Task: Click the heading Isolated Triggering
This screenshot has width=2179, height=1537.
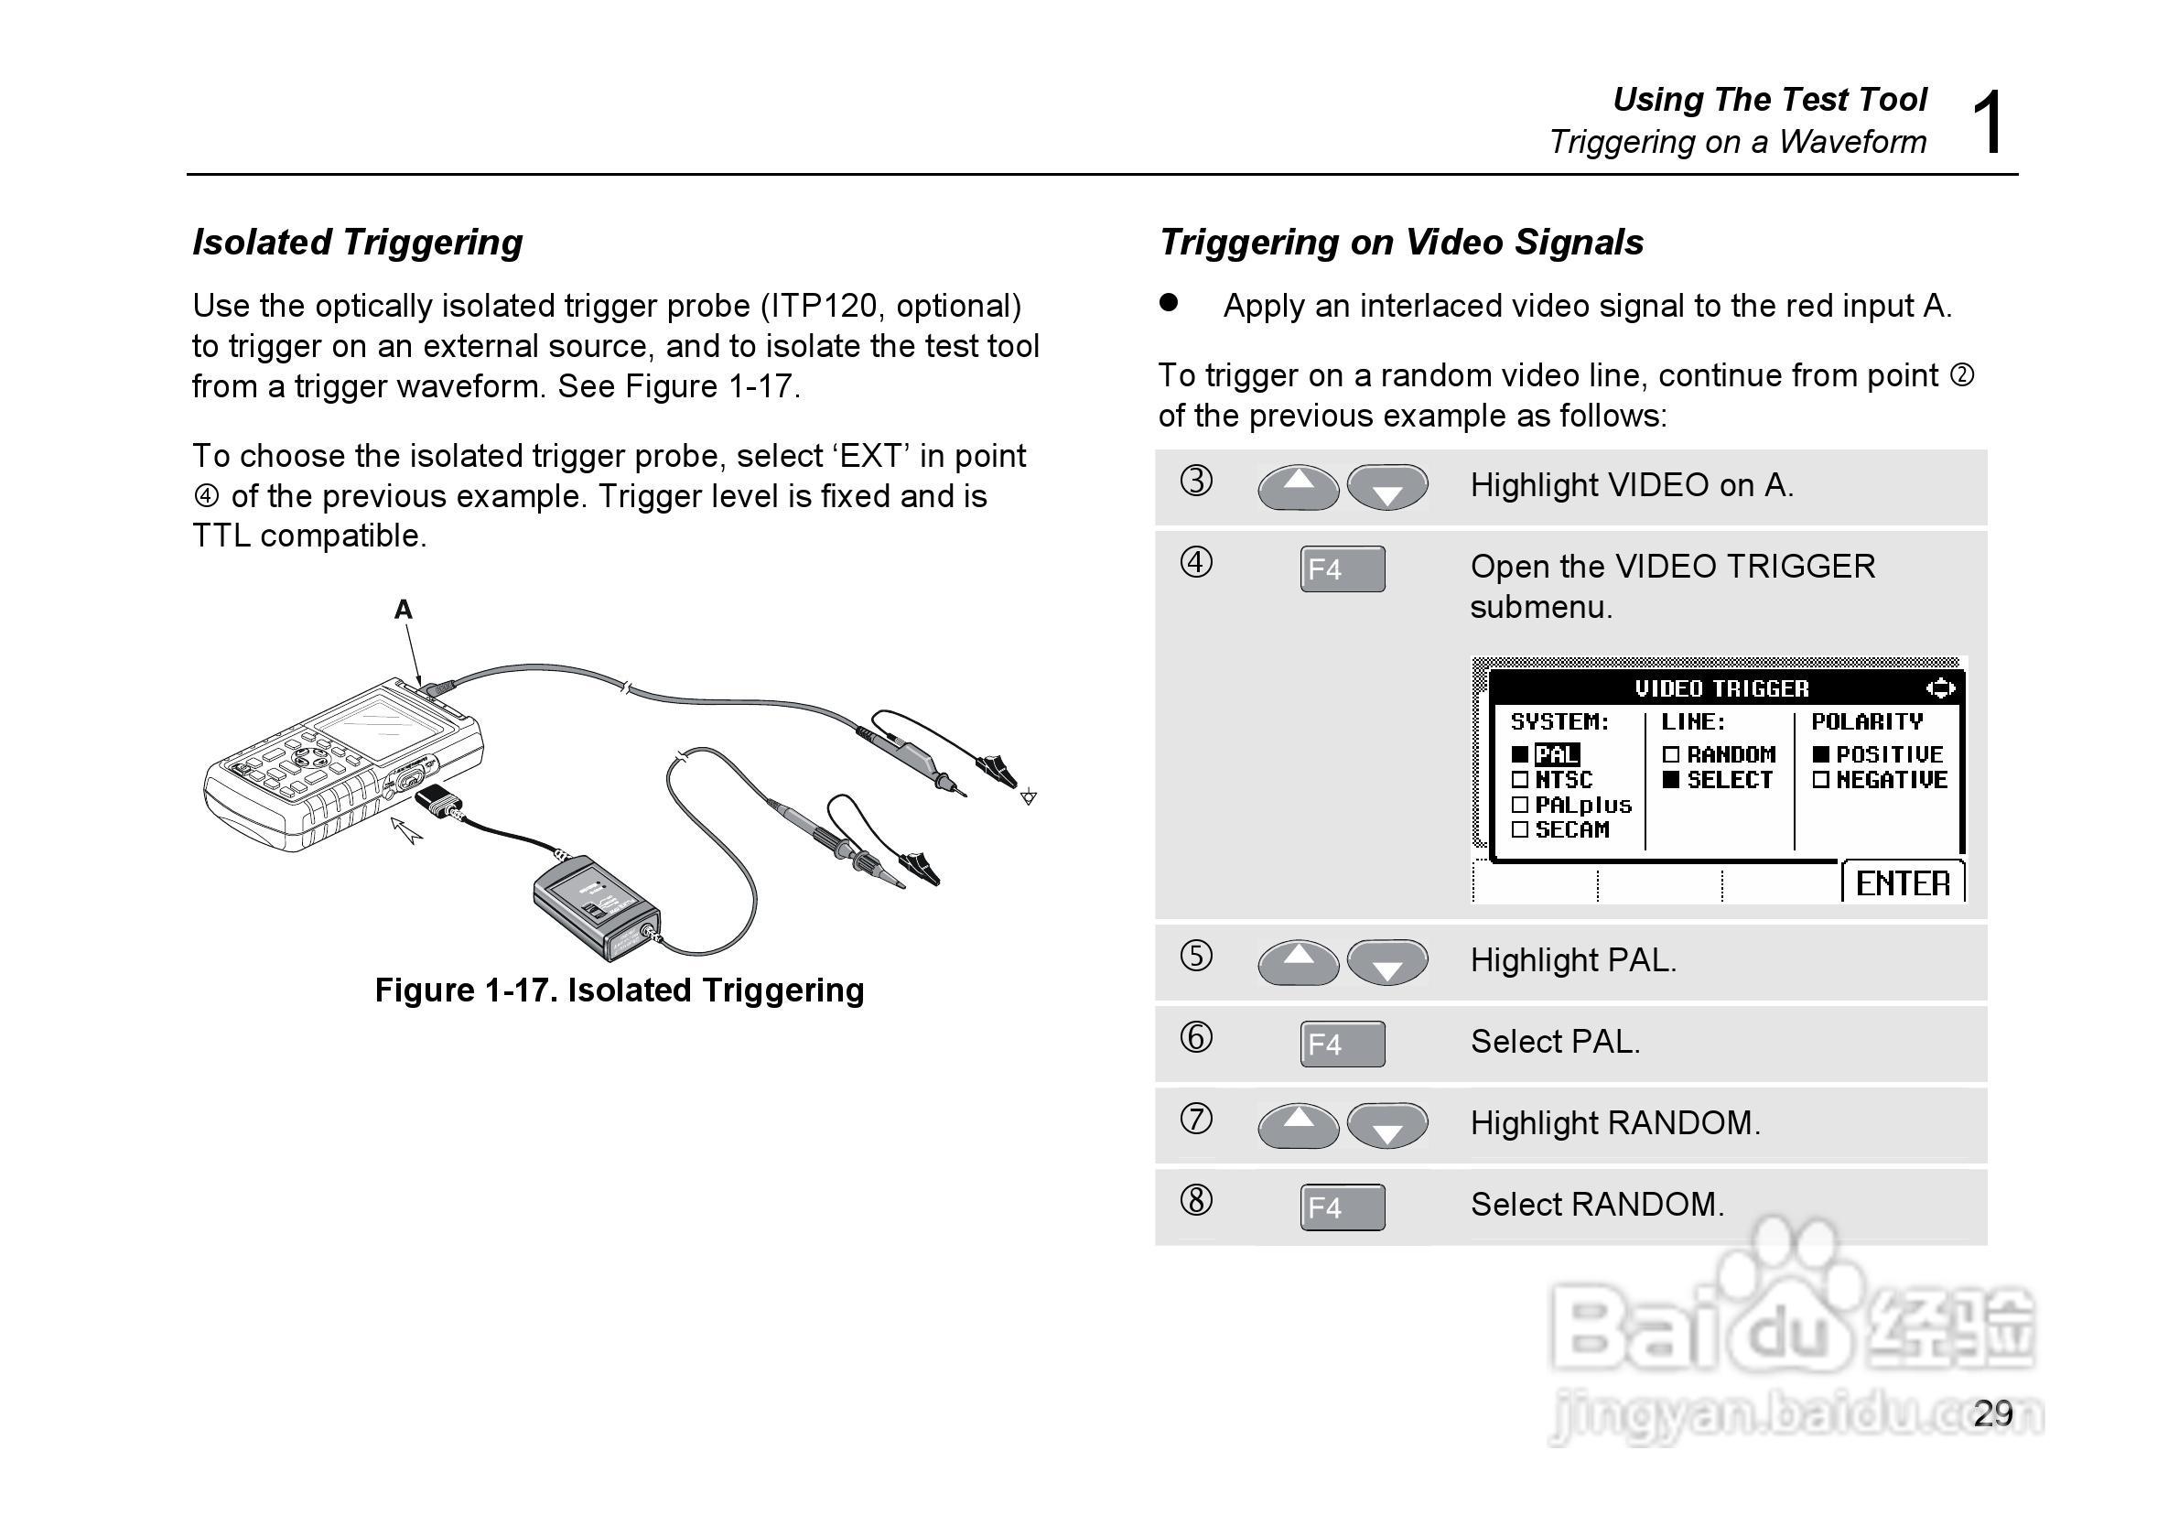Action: pos(357,242)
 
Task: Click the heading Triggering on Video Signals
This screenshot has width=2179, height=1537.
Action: pos(1401,242)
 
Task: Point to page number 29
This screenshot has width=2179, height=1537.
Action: pos(1993,1413)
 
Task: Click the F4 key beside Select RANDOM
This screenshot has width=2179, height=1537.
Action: pos(1342,1207)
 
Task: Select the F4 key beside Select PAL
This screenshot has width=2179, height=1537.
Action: pos(1342,1044)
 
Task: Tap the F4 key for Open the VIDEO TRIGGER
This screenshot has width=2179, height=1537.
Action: pos(1342,568)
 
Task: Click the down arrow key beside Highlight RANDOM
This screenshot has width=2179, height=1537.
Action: pos(1387,1127)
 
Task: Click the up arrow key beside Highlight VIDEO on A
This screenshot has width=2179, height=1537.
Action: pos(1299,487)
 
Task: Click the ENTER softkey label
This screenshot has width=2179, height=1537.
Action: pos(1902,884)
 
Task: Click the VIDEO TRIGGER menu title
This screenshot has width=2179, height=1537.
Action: pos(1721,688)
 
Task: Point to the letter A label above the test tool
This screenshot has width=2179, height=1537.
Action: pos(404,610)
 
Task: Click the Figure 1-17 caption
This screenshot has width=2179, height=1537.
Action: pos(619,990)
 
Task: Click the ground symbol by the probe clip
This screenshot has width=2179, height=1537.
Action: pos(1028,797)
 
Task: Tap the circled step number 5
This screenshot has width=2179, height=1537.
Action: pos(1196,955)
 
